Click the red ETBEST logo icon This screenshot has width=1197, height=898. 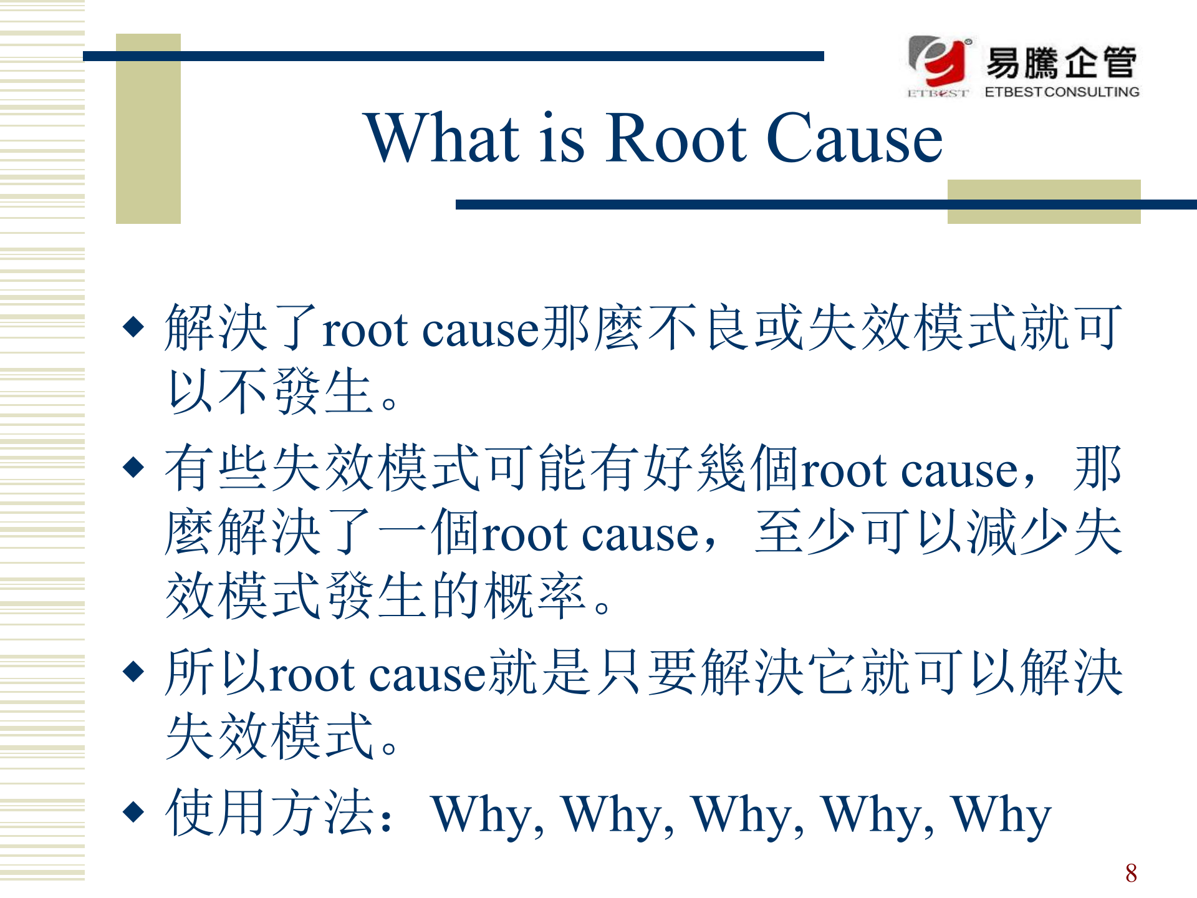[x=940, y=61]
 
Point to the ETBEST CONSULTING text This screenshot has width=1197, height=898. [x=1062, y=92]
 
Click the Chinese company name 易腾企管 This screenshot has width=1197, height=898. [x=1061, y=62]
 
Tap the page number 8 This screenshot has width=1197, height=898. [x=1131, y=873]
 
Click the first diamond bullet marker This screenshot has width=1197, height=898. [x=134, y=326]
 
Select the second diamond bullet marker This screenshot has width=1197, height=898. [x=134, y=466]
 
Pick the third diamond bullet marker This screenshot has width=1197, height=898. [x=134, y=671]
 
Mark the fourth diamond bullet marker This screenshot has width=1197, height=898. [x=134, y=811]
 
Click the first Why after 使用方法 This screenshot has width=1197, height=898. [x=488, y=816]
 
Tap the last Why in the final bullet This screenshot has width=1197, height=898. [x=1001, y=816]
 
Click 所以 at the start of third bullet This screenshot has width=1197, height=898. [x=217, y=672]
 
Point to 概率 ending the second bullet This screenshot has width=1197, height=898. [x=535, y=596]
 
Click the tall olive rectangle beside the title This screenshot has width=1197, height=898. [x=148, y=128]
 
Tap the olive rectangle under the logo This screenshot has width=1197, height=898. [x=1044, y=201]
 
